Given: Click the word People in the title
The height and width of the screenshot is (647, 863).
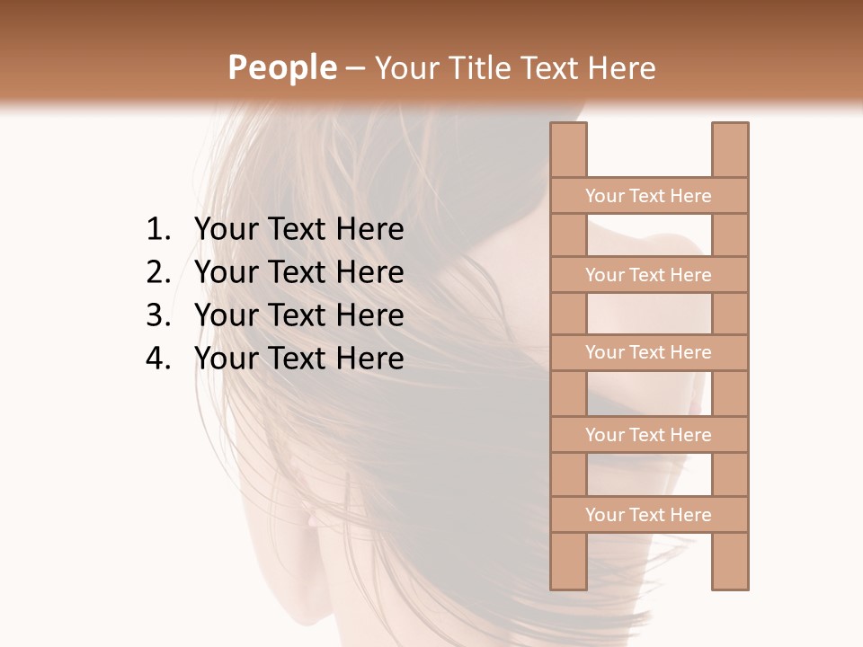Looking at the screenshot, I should point(281,67).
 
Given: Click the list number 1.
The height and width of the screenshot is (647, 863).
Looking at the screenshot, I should point(157,230).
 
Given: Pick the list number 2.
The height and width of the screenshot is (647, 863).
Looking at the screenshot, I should point(157,272).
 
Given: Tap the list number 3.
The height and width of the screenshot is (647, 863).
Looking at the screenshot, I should point(157,315).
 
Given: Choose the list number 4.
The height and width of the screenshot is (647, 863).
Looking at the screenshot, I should point(157,359).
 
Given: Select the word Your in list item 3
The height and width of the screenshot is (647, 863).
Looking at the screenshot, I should point(224,315).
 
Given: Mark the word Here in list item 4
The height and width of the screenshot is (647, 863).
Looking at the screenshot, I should point(369,359).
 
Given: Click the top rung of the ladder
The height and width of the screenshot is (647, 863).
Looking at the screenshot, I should point(648,195).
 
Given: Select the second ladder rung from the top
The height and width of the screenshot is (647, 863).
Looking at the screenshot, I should point(648,274).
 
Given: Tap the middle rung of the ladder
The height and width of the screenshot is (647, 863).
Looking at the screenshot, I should point(648,352).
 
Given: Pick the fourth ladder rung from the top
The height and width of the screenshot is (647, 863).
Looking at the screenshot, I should point(648,434).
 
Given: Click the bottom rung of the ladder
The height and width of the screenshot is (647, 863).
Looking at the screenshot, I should point(648,514).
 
